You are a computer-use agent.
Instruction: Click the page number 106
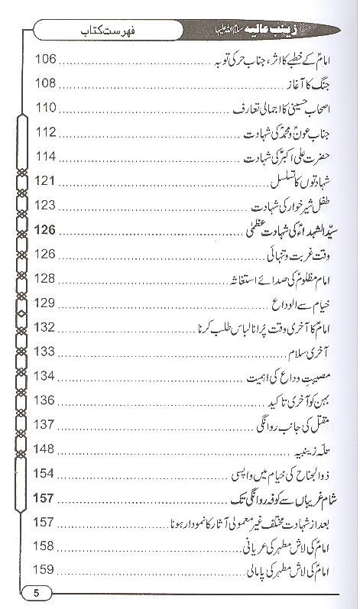pyautogui.click(x=47, y=59)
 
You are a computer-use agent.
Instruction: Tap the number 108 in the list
pyautogui.click(x=47, y=83)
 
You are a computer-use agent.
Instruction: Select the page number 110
pyautogui.click(x=47, y=108)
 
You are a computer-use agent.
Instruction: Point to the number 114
pyautogui.click(x=47, y=157)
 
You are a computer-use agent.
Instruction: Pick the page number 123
pyautogui.click(x=47, y=206)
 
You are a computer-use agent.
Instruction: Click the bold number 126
pyautogui.click(x=47, y=230)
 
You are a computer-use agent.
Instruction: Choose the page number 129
pyautogui.click(x=47, y=303)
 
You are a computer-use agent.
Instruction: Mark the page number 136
pyautogui.click(x=47, y=400)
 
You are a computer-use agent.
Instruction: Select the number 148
pyautogui.click(x=47, y=449)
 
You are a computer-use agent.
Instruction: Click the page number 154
pyautogui.click(x=47, y=474)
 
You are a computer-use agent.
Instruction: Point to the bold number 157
pyautogui.click(x=47, y=498)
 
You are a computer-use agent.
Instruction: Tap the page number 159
pyautogui.click(x=47, y=570)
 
